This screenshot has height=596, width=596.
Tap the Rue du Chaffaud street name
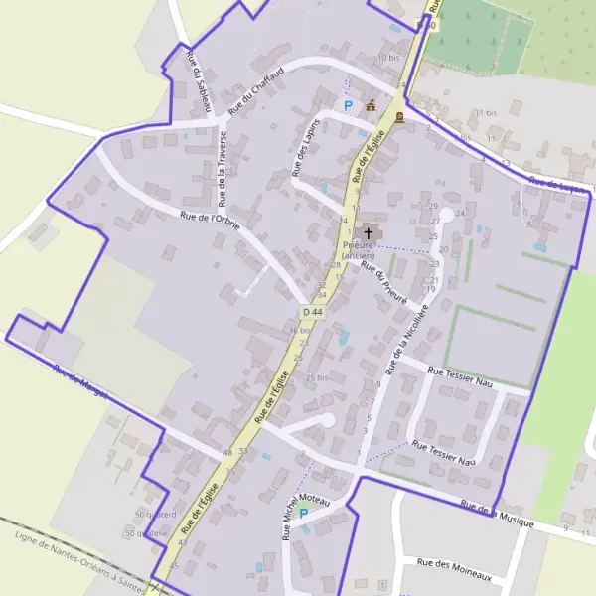click(255, 87)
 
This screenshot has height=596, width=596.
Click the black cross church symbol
click(369, 231)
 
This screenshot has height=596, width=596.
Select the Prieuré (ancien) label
click(358, 249)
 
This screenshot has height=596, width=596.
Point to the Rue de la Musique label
click(497, 513)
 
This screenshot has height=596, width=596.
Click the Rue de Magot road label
click(80, 381)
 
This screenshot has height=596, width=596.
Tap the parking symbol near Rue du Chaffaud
click(348, 105)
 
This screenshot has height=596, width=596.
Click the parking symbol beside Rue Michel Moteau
click(303, 514)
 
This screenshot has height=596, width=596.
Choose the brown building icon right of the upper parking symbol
click(372, 104)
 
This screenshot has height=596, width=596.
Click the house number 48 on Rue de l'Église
click(228, 452)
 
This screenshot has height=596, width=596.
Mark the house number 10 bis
click(388, 58)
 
